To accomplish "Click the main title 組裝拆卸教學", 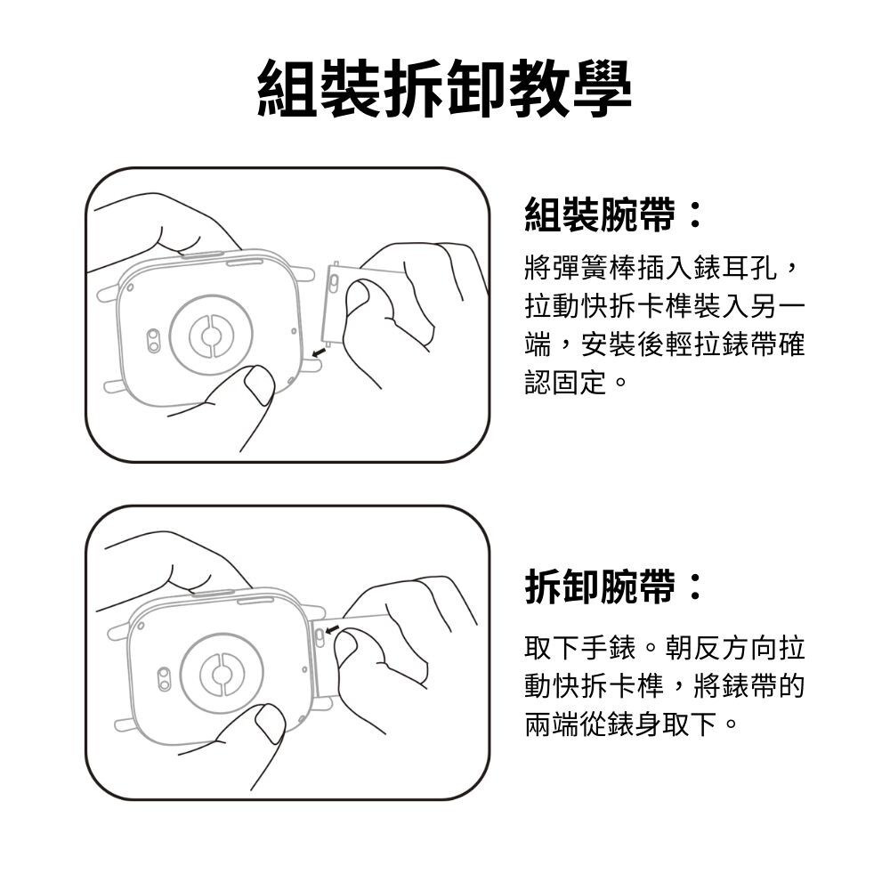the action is click(x=444, y=88).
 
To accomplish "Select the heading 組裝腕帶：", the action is click(x=614, y=214).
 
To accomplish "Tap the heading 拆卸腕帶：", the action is click(x=614, y=587).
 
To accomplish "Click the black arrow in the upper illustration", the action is click(x=320, y=353).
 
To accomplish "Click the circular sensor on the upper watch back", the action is click(x=211, y=336).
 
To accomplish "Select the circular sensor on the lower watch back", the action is click(x=222, y=675).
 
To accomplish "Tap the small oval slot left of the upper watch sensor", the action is click(x=153, y=340).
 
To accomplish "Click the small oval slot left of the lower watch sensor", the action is click(x=164, y=679).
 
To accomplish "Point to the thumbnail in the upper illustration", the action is click(x=259, y=384).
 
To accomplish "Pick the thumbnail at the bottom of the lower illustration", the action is click(x=271, y=723).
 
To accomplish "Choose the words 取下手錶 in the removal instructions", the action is click(x=580, y=648).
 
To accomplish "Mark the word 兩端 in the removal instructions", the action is click(x=553, y=724).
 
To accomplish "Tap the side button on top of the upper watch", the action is click(x=245, y=263).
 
